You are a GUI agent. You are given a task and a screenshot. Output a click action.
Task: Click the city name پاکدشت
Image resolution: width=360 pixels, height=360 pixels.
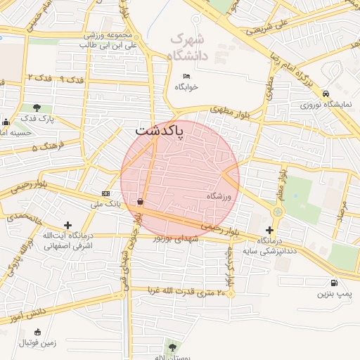159,131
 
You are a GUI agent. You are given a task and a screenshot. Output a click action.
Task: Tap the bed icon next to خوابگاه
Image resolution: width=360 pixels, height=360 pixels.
186,76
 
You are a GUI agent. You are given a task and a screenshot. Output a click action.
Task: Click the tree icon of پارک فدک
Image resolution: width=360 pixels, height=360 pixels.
37,108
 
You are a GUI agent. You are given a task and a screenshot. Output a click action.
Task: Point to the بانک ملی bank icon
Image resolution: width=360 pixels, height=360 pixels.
105,193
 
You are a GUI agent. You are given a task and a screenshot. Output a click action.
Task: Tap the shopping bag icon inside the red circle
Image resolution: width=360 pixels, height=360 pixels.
141,202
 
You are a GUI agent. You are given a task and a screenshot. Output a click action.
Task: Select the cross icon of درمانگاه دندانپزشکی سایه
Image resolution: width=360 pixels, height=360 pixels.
270,230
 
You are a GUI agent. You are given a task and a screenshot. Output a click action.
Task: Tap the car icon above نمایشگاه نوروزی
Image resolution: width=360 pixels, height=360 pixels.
326,94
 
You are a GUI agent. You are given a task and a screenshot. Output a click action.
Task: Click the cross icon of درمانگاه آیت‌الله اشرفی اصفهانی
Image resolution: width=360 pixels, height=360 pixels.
67,225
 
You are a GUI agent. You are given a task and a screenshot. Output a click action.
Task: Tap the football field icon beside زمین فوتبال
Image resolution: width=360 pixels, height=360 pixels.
37,332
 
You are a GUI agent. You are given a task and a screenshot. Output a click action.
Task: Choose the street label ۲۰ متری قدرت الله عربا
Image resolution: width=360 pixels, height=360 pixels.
189,292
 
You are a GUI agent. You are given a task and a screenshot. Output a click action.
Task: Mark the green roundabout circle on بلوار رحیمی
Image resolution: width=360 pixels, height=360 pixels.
278,211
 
